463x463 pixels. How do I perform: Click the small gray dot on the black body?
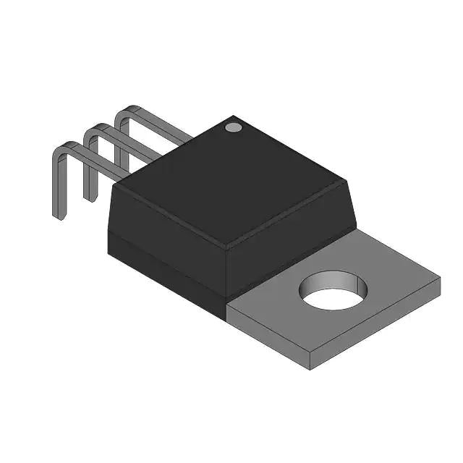pyautogui.click(x=233, y=127)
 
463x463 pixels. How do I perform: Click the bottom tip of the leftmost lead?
pyautogui.click(x=57, y=215)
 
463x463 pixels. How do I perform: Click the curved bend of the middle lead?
pyautogui.click(x=93, y=130)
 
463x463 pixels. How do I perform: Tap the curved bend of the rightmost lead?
pyautogui.click(x=124, y=113)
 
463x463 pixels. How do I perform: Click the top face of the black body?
pyautogui.click(x=231, y=181)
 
